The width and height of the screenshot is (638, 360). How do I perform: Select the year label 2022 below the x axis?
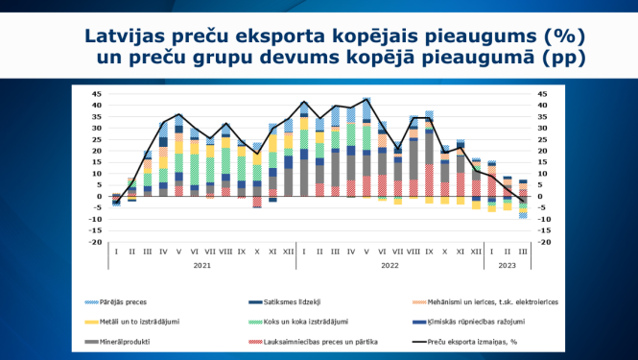388,264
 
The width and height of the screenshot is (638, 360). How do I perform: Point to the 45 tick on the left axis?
96,93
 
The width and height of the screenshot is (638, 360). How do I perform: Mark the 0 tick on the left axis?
99,197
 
